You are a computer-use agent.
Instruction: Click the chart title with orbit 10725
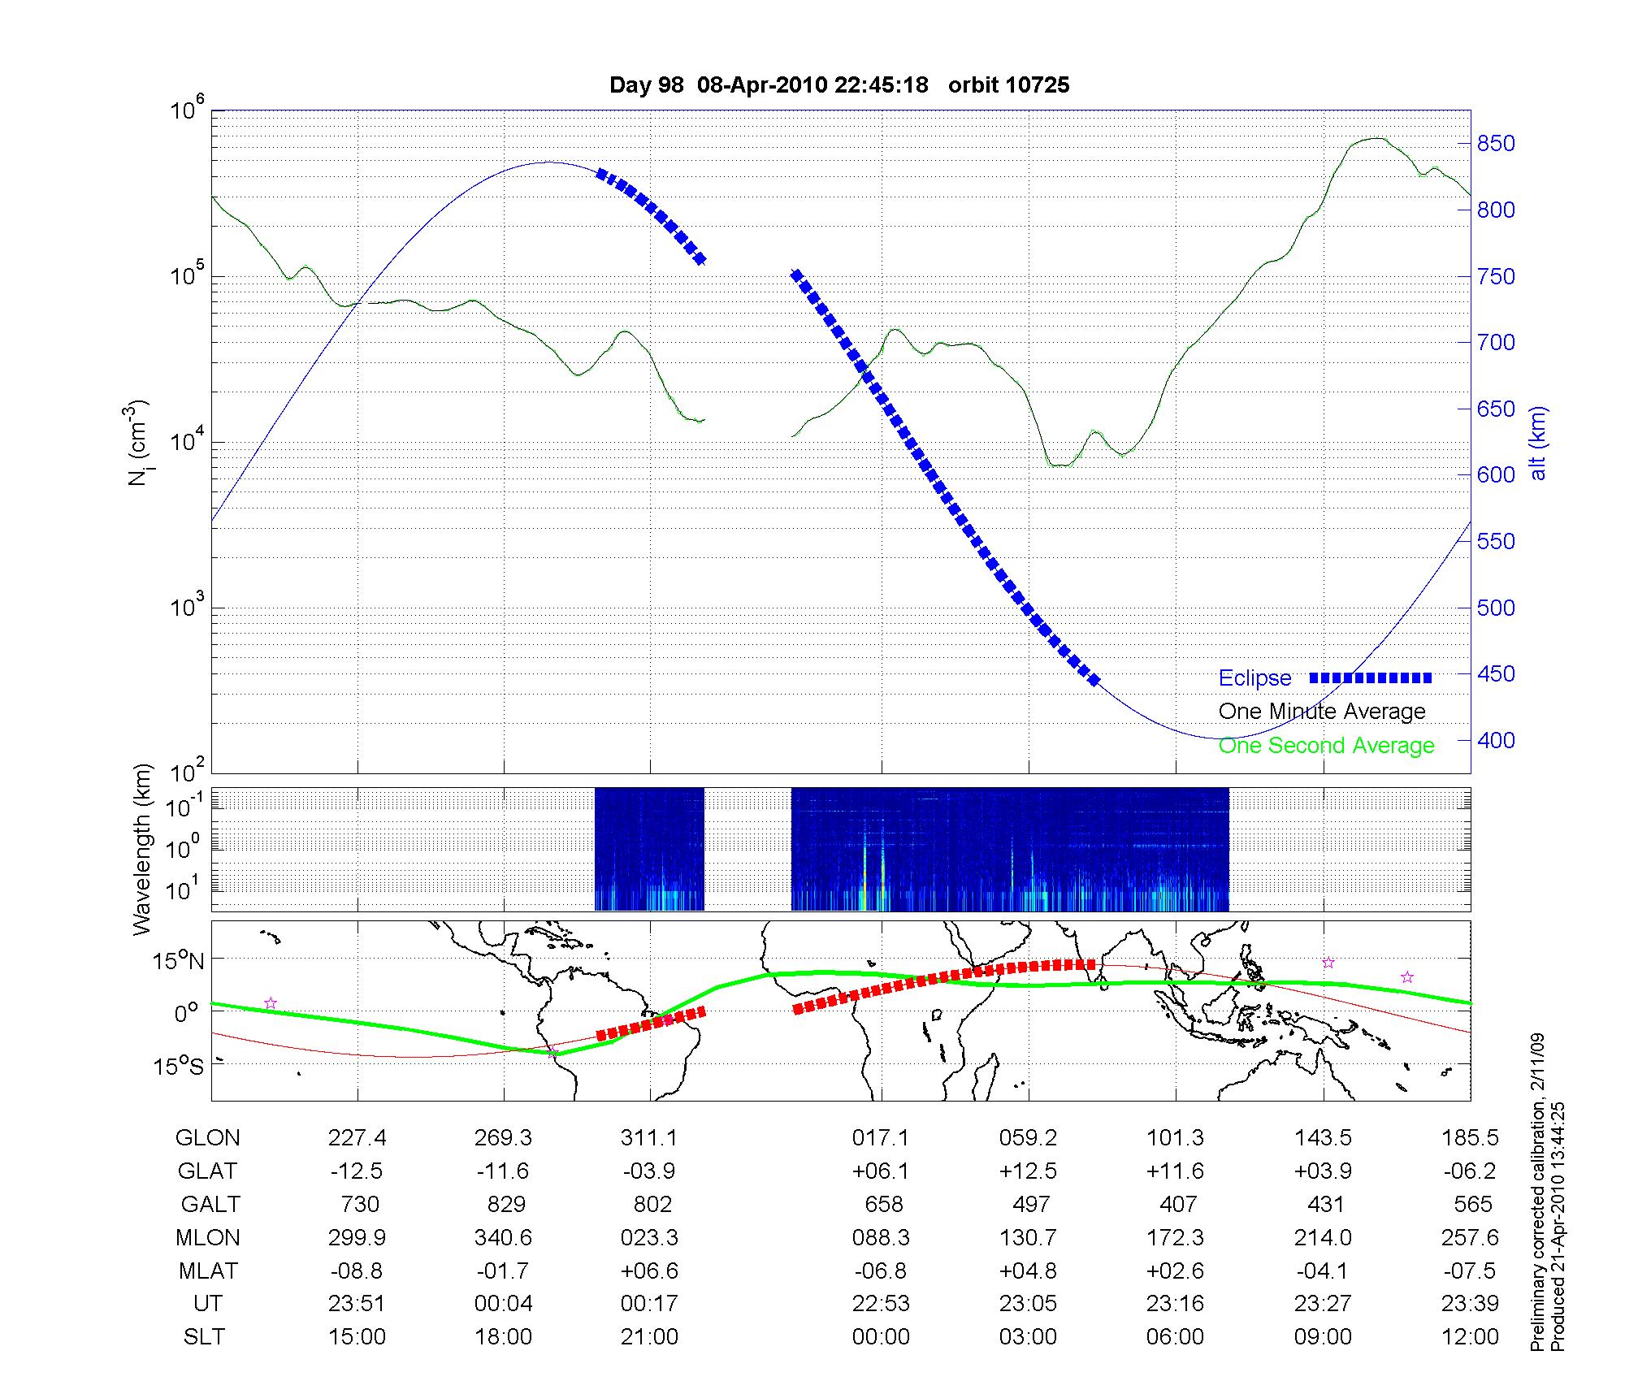[x=839, y=85]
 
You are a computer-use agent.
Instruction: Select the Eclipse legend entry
[x=1254, y=678]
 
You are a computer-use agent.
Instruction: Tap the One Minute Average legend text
[x=1322, y=712]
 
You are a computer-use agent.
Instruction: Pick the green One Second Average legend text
[x=1326, y=746]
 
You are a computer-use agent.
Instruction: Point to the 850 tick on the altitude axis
[x=1496, y=144]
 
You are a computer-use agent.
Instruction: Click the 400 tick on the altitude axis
[x=1496, y=740]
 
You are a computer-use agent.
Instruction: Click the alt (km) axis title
[x=1538, y=443]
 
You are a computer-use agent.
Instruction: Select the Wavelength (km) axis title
[x=142, y=849]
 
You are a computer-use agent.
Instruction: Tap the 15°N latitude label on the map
[x=180, y=962]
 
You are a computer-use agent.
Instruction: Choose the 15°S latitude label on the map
[x=180, y=1065]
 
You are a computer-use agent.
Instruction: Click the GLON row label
[x=207, y=1138]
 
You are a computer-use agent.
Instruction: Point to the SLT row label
[x=204, y=1337]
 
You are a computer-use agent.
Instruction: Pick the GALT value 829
[x=505, y=1204]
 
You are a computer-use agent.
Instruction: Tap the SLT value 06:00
[x=1176, y=1337]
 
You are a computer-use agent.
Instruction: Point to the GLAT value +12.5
[x=1028, y=1171]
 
